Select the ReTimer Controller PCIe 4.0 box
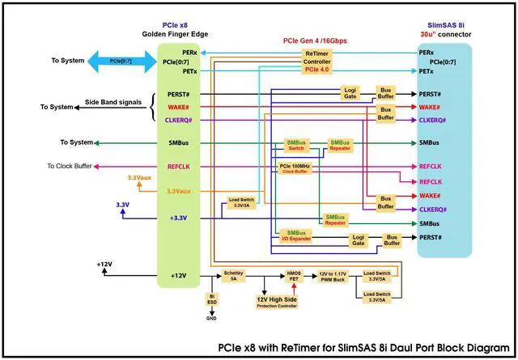316,61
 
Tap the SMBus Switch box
295,146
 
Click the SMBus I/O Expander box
295,235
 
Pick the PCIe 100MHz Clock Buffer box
295,169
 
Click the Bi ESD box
212,300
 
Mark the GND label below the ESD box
212,319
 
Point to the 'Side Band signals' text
118,103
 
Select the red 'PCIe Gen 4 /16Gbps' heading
316,39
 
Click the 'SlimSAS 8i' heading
447,26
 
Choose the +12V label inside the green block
178,276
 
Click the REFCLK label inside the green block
178,167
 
